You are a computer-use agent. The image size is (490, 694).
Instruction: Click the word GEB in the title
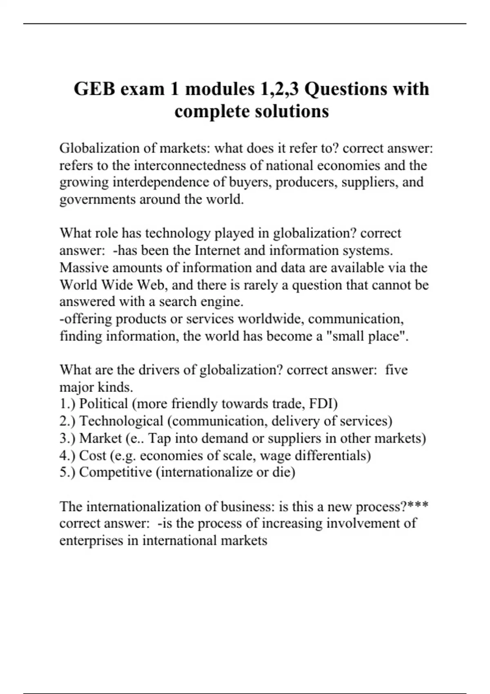click(95, 89)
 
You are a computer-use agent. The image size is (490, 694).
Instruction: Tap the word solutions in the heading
click(292, 111)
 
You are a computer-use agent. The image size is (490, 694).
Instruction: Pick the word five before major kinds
click(396, 370)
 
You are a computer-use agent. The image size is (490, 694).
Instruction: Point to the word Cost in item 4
click(93, 455)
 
